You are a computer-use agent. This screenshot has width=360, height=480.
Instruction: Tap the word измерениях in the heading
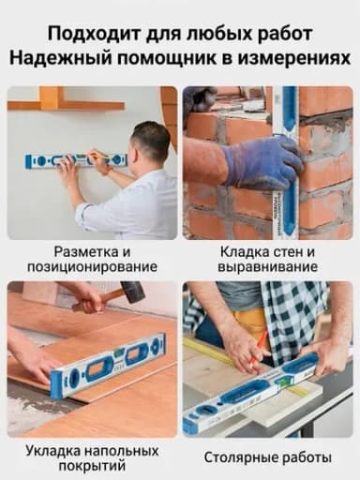tap(294, 58)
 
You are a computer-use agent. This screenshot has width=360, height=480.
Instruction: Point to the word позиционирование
tap(92, 267)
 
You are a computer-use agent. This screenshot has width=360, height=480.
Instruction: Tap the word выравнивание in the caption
tap(268, 267)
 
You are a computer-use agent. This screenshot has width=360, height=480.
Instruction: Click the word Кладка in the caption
tap(241, 252)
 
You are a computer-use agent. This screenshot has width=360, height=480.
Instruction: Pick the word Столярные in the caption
tap(241, 458)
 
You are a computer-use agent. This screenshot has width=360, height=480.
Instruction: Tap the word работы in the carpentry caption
tap(307, 458)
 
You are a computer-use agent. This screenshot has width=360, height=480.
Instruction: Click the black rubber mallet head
tap(133, 292)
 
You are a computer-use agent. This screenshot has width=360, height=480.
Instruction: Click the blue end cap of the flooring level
tap(57, 385)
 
